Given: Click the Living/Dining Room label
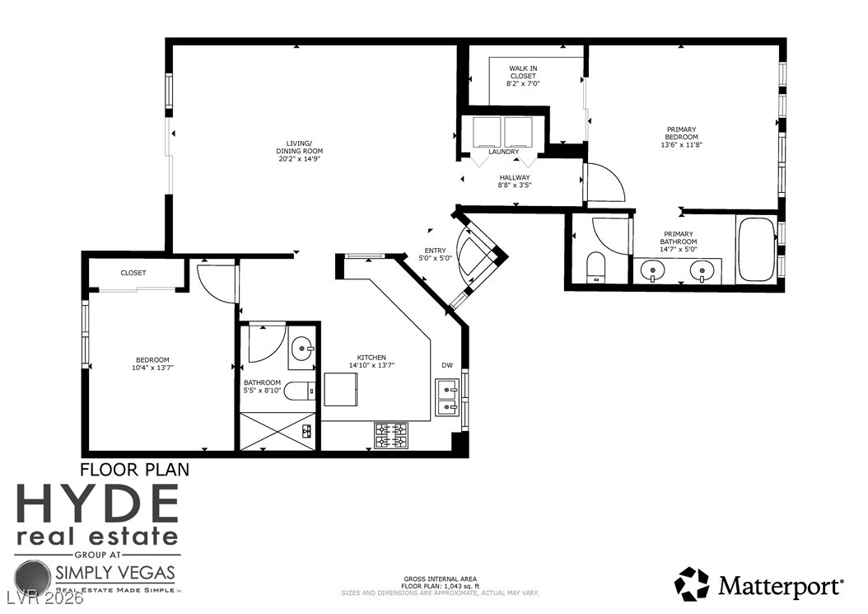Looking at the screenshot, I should (x=299, y=147).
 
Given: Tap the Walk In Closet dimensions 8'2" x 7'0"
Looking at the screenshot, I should (x=523, y=83).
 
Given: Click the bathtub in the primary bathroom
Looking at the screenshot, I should (x=756, y=249).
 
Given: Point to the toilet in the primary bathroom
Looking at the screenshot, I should (x=595, y=267).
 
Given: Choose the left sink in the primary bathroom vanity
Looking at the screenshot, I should (x=655, y=268).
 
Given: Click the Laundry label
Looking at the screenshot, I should (x=503, y=152).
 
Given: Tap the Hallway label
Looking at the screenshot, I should (x=515, y=177).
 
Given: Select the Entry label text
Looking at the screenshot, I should (x=435, y=251).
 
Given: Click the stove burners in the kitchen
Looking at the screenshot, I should (x=391, y=435).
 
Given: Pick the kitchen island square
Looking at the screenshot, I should (x=340, y=389).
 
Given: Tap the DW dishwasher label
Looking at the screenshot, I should (x=447, y=365).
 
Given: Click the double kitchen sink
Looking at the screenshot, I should (x=447, y=396).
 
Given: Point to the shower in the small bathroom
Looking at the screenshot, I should (x=278, y=431).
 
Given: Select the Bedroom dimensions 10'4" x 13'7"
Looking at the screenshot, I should (x=152, y=368).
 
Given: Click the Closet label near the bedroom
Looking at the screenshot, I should (x=133, y=273).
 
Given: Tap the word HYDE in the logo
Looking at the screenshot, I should (x=97, y=504).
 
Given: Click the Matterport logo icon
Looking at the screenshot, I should (x=692, y=584).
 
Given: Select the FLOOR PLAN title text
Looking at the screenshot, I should (x=134, y=470).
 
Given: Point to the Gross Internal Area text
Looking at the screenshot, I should (x=440, y=579).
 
